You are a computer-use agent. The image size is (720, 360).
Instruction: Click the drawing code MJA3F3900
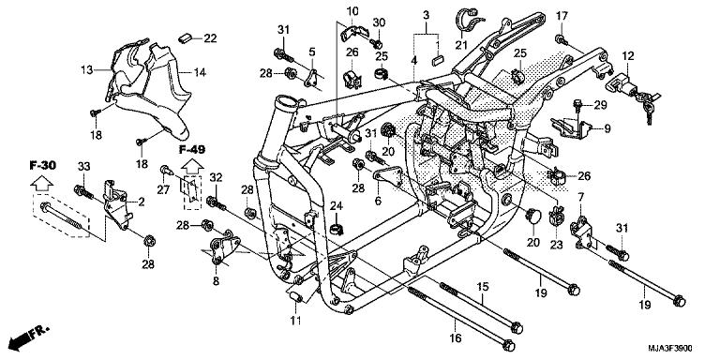pyautogui.click(x=676, y=347)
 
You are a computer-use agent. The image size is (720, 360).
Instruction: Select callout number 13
pyautogui.click(x=86, y=70)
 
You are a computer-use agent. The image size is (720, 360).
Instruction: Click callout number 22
pyautogui.click(x=210, y=37)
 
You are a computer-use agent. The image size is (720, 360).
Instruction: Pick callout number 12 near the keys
pyautogui.click(x=628, y=56)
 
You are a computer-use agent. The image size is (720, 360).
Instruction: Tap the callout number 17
pyautogui.click(x=562, y=16)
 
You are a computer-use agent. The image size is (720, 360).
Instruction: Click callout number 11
pyautogui.click(x=295, y=322)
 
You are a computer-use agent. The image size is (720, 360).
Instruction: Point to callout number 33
pyautogui.click(x=82, y=166)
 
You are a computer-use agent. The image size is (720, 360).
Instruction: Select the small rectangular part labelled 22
pyautogui.click(x=185, y=37)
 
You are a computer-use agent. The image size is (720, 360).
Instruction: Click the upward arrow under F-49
pyautogui.click(x=192, y=169)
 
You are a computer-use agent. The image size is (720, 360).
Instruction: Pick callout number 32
pyautogui.click(x=217, y=176)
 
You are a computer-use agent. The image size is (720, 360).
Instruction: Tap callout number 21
pyautogui.click(x=461, y=44)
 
